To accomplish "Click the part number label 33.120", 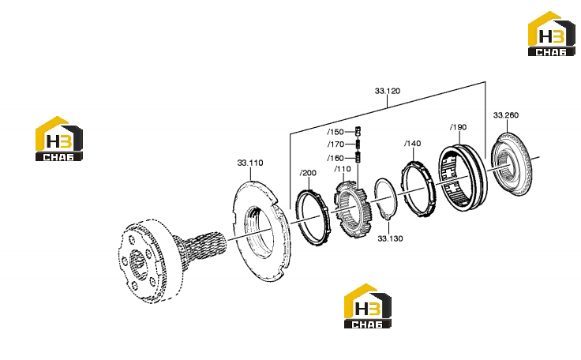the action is click(388, 92).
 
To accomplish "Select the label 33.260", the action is click(506, 115).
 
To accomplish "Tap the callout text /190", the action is click(459, 127).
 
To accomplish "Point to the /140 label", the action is click(412, 144).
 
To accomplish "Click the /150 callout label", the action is click(335, 132).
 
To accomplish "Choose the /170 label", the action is click(335, 144).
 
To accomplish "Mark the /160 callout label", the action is click(335, 159).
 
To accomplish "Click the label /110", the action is click(343, 169).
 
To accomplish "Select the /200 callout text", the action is click(308, 173).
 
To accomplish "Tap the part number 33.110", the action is click(250, 163).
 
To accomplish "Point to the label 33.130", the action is click(390, 238).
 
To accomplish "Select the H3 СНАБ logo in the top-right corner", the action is click(551, 34).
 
